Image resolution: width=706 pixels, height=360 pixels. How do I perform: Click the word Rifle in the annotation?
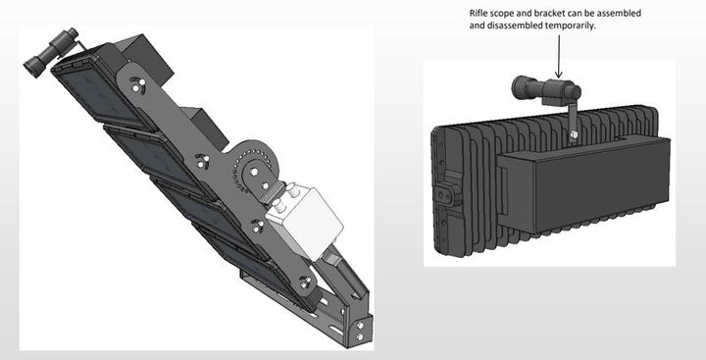[478, 14]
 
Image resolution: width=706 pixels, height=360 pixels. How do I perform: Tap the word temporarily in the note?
[571, 26]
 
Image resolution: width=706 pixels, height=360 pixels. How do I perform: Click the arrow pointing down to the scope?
[559, 56]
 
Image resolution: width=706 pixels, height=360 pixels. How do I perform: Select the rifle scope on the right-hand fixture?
[546, 89]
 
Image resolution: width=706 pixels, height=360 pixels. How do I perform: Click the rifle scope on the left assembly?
[51, 52]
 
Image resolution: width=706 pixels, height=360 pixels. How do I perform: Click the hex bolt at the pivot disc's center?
[254, 171]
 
